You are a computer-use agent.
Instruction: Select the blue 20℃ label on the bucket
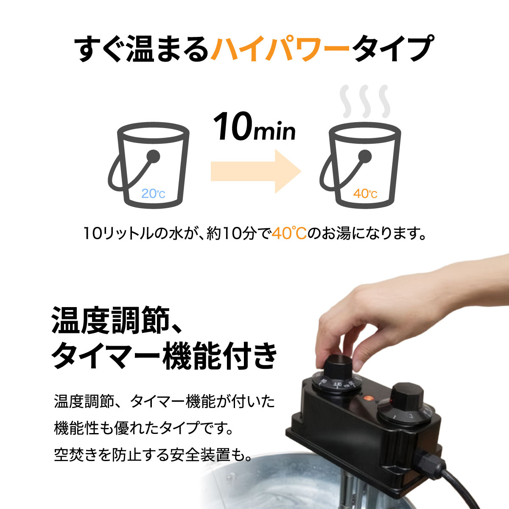[153, 194]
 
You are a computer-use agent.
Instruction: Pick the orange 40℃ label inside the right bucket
[365, 194]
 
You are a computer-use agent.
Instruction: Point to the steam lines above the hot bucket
[365, 101]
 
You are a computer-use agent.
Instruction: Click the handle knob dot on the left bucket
[154, 157]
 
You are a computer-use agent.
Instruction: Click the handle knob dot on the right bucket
[365, 157]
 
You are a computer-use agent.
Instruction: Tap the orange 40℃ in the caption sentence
[289, 233]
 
